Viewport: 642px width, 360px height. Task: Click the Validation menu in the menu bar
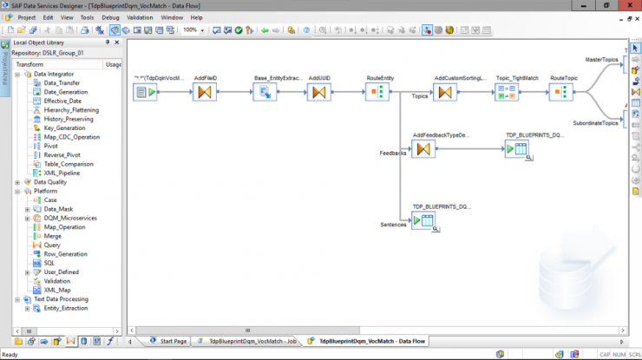[140, 17]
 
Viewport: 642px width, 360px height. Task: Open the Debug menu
[111, 17]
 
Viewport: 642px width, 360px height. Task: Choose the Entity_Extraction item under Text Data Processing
[65, 309]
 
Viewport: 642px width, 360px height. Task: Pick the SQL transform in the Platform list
[49, 263]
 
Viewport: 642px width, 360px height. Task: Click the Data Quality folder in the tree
[49, 183]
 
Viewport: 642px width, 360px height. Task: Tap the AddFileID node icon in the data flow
[206, 93]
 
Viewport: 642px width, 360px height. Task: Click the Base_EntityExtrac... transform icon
[265, 93]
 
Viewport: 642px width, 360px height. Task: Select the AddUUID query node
[319, 93]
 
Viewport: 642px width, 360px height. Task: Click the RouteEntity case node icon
[376, 93]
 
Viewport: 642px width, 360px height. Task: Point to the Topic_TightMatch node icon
[506, 93]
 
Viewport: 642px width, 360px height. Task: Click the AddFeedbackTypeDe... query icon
[423, 149]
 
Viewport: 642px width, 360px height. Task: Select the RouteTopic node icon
[562, 93]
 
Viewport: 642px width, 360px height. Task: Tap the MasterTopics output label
[601, 61]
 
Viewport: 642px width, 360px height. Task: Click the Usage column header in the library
[114, 64]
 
